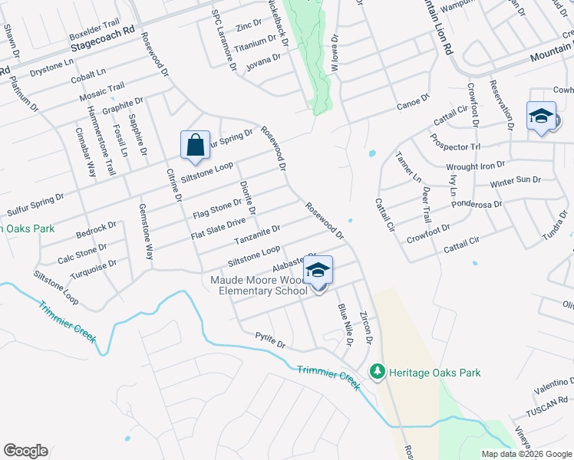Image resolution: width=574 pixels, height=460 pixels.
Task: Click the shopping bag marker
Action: (195, 145)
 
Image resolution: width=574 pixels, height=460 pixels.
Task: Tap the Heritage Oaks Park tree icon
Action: (377, 372)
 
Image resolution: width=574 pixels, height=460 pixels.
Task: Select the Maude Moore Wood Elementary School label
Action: (259, 285)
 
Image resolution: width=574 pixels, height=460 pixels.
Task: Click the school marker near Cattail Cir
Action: (541, 117)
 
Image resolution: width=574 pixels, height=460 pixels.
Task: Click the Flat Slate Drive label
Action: (218, 228)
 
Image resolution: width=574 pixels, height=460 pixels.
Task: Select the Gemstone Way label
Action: (146, 231)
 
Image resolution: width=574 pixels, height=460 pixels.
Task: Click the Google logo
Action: (25, 451)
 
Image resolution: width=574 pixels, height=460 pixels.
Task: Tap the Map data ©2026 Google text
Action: (526, 454)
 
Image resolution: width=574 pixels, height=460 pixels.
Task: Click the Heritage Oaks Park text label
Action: (434, 373)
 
